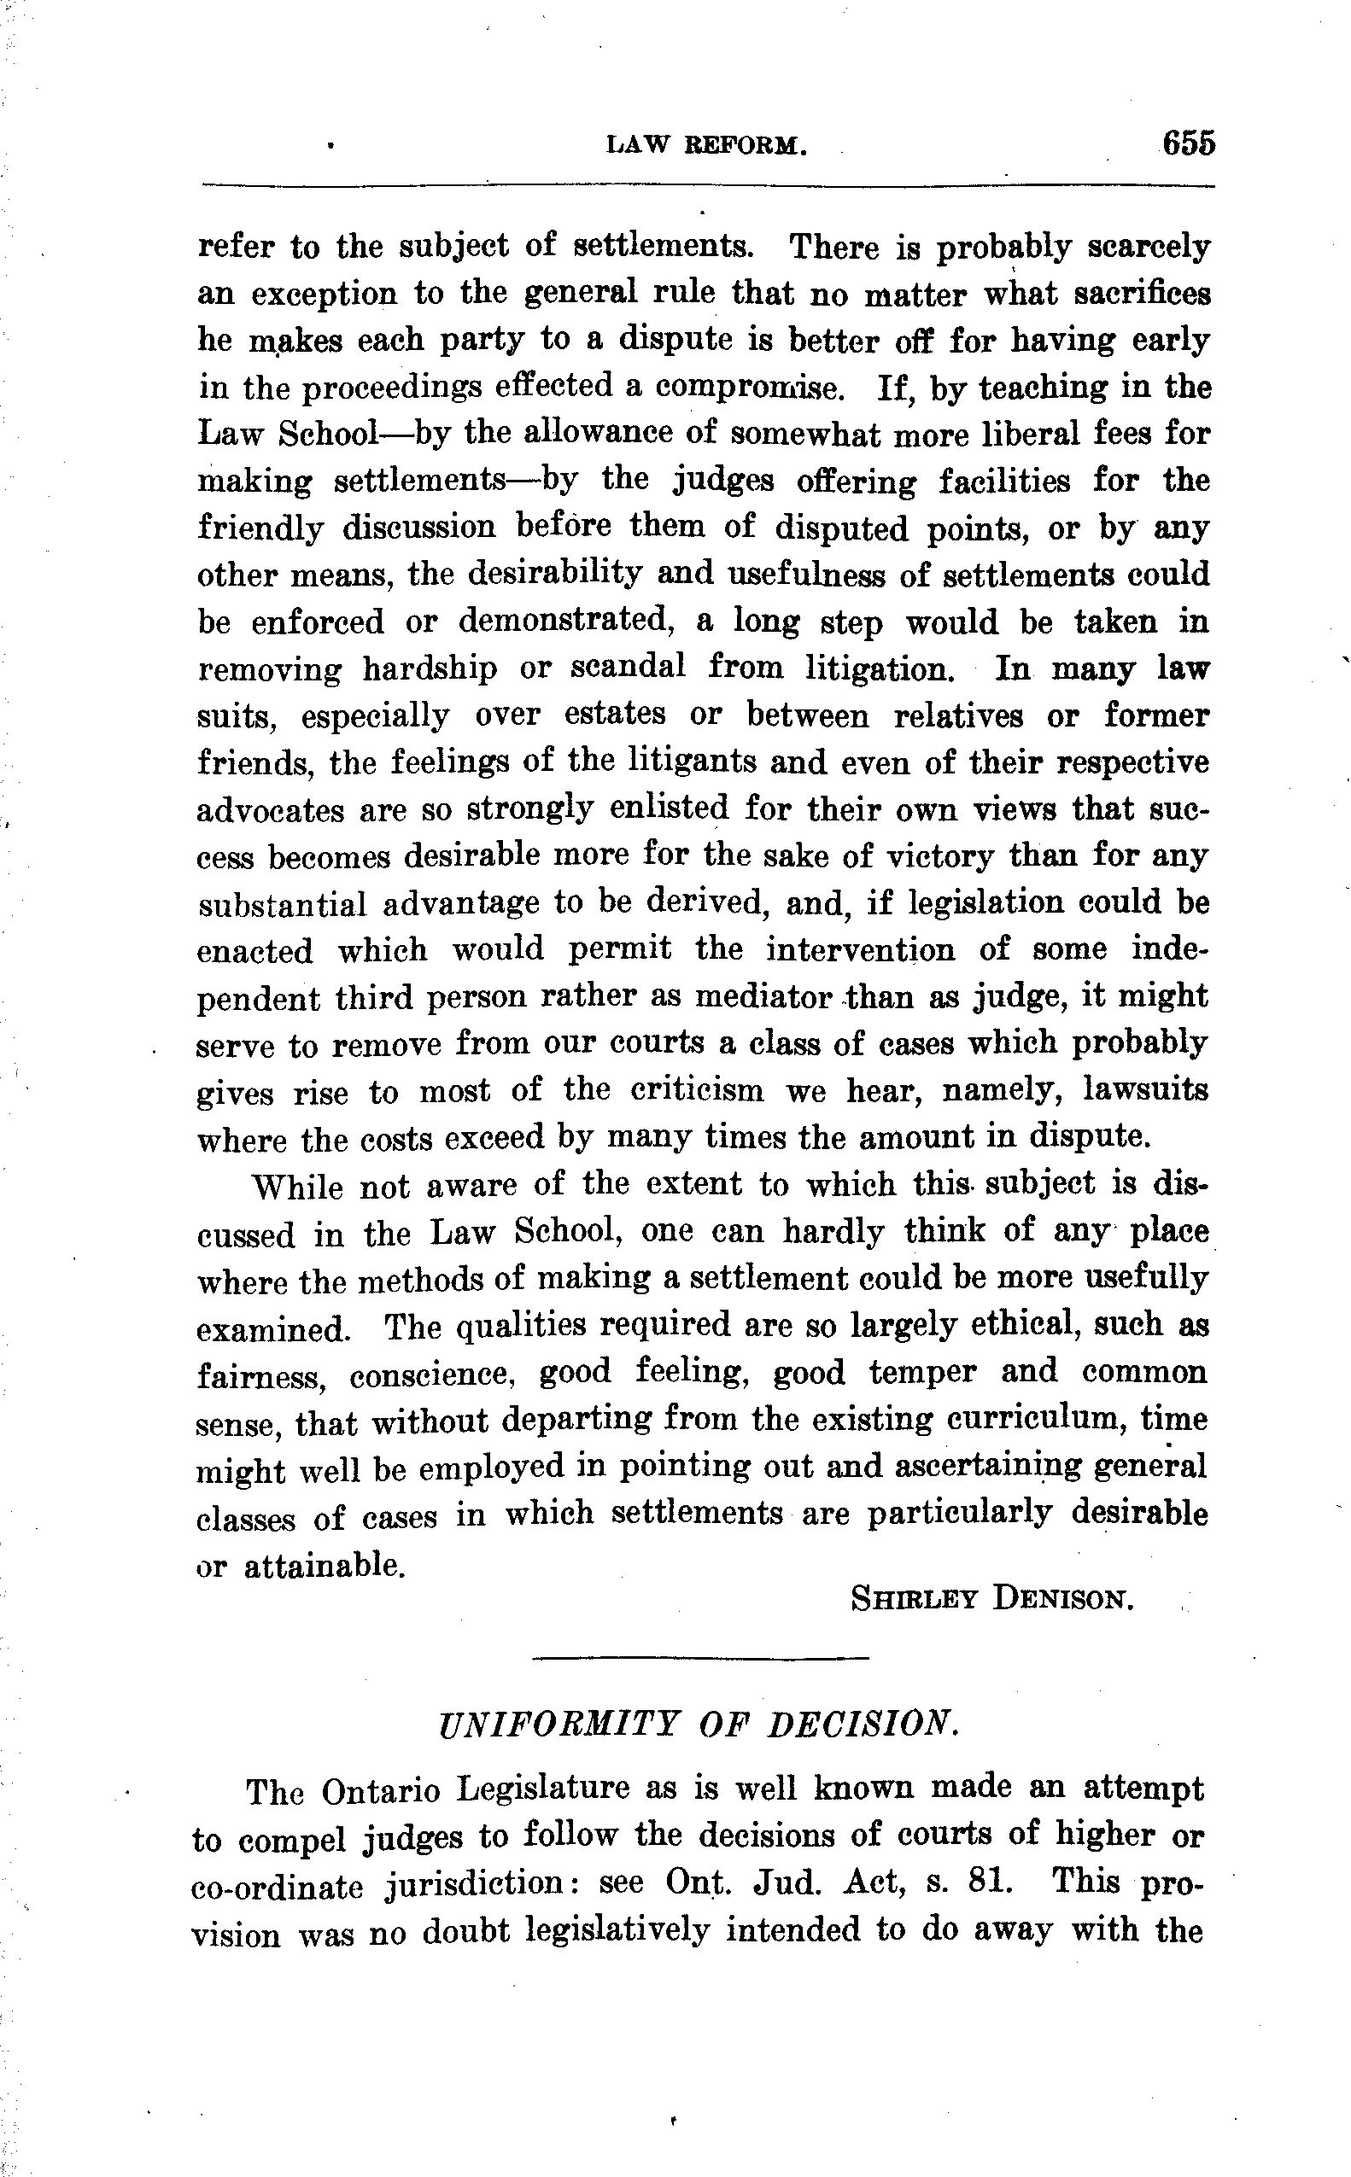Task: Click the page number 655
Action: tap(1189, 143)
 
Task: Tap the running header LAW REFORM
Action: tap(707, 146)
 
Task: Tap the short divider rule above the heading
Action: tap(700, 1658)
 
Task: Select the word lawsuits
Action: tap(1145, 1090)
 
